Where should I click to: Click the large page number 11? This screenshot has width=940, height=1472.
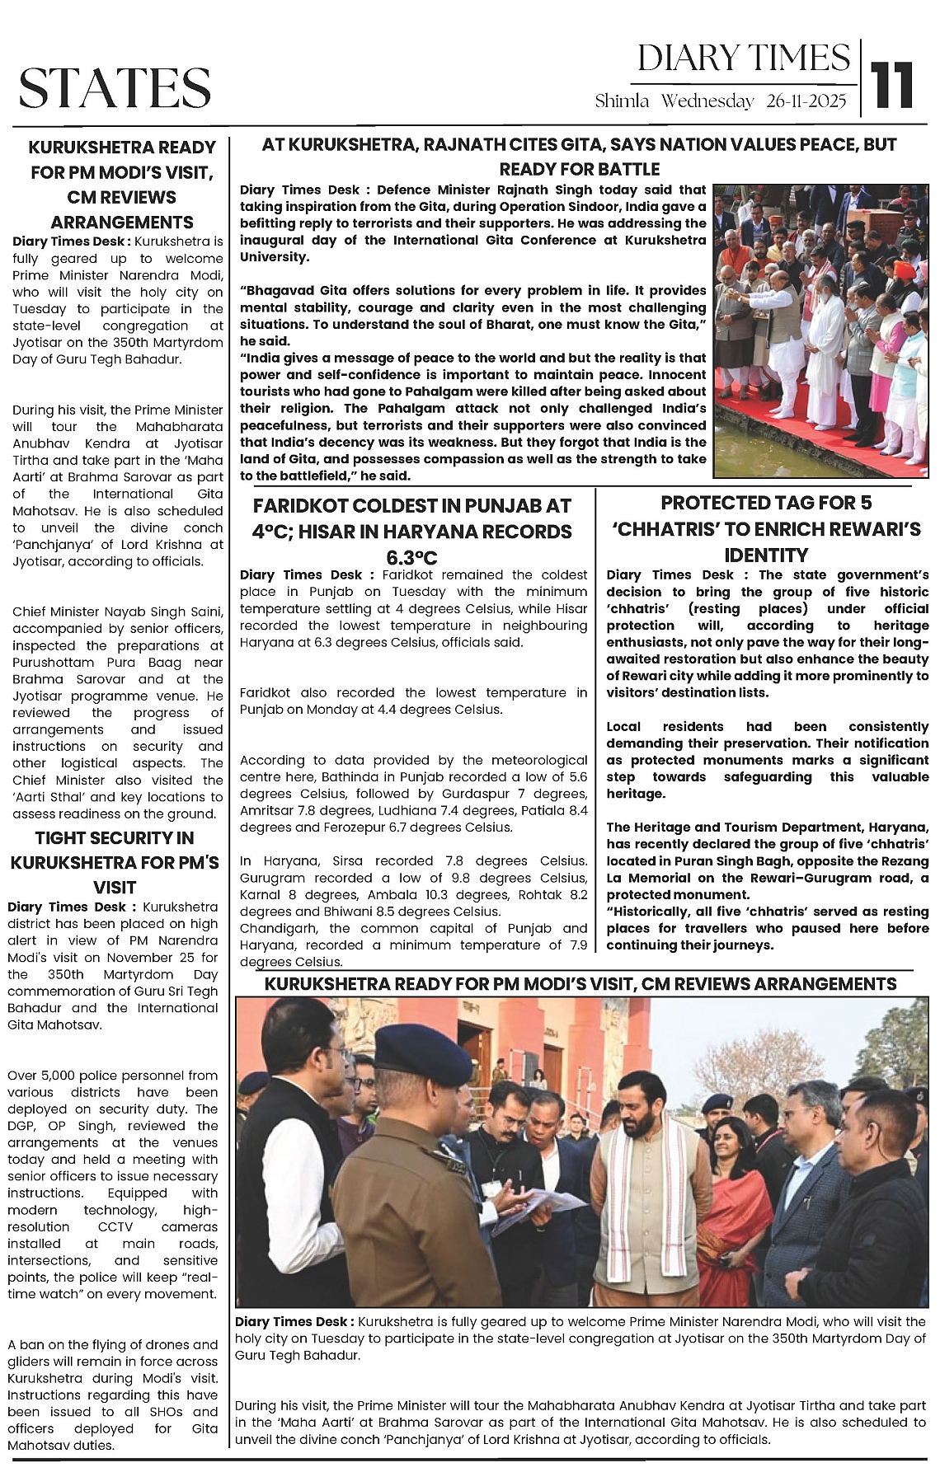(x=894, y=85)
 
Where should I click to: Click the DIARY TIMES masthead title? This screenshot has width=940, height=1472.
(x=743, y=59)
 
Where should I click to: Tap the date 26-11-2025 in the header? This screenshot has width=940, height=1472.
(x=806, y=101)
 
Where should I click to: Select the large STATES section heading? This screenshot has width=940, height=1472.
(x=115, y=87)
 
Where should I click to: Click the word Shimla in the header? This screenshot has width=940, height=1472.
(x=623, y=101)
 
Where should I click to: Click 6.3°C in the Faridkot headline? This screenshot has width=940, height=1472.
(x=412, y=556)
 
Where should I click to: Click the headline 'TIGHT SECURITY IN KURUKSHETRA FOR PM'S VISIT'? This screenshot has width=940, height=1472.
(x=115, y=862)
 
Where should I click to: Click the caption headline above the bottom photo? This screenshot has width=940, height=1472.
(x=580, y=984)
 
